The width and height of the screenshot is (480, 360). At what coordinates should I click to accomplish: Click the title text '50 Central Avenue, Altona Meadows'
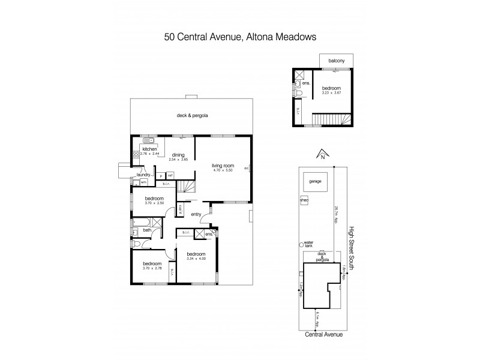[x=240, y=37]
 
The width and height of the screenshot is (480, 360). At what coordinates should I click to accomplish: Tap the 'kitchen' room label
[x=149, y=149]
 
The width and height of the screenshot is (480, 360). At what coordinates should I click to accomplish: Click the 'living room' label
[x=223, y=166]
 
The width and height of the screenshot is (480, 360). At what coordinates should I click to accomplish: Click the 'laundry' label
[x=142, y=175]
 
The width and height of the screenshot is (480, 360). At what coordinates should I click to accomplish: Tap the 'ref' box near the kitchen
[x=170, y=175]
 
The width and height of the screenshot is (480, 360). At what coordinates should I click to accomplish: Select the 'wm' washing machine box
[x=144, y=182]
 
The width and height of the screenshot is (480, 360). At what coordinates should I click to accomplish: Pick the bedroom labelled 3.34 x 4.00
[x=195, y=254]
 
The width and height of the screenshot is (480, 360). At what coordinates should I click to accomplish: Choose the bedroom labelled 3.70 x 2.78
[x=151, y=265]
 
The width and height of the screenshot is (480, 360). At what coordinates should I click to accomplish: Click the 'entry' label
[x=196, y=214]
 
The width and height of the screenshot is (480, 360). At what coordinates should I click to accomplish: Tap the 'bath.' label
[x=146, y=230]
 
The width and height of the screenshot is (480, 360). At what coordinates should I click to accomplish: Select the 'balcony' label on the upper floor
[x=336, y=60]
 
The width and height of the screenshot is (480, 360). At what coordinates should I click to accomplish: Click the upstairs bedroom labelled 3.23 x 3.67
[x=331, y=89]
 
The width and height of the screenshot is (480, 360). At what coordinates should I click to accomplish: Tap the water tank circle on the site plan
[x=301, y=244]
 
